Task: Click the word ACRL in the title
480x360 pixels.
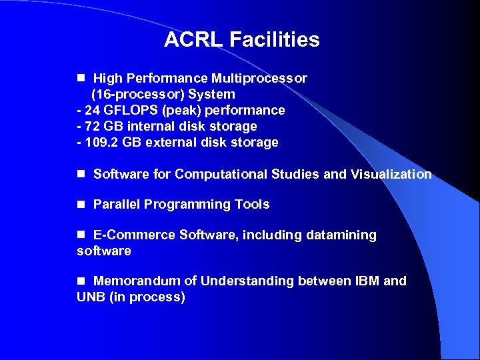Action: [x=194, y=40]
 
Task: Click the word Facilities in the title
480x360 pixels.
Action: [x=275, y=40]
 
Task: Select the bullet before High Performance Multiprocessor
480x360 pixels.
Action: [x=81, y=78]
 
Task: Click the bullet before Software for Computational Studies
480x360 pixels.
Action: [x=81, y=174]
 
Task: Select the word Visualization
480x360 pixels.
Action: [x=391, y=175]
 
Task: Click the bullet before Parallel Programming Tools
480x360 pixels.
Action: [x=81, y=204]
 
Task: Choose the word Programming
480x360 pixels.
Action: [x=187, y=205]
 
